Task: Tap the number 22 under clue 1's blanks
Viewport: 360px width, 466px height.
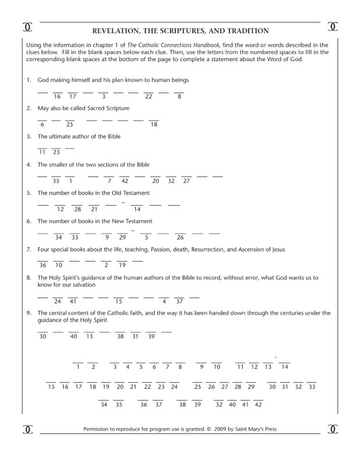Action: (149, 96)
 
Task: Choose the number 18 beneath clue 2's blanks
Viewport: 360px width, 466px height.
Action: (154, 124)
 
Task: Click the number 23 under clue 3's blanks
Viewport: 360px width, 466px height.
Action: (57, 152)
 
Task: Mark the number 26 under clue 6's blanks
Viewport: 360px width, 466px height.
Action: (180, 237)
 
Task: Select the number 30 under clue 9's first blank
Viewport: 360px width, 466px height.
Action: (42, 336)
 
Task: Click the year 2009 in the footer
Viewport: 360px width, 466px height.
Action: (219, 430)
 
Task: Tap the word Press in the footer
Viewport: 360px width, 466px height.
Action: (267, 430)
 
